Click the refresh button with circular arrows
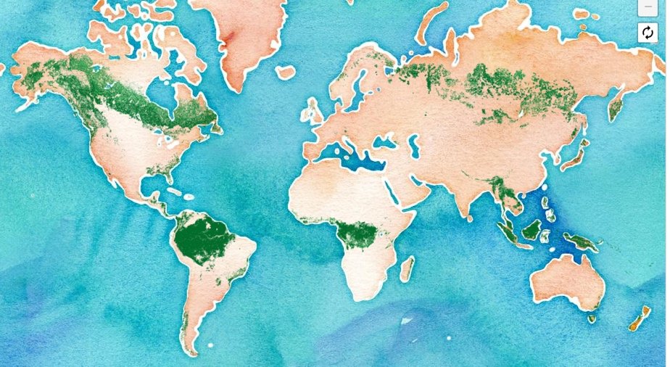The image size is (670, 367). click(x=647, y=33)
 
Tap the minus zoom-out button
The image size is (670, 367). click(x=647, y=7)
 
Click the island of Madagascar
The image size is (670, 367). click(x=407, y=268)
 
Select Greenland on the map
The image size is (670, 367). click(x=239, y=33)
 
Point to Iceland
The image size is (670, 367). click(x=286, y=72)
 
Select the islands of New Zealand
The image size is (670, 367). click(x=639, y=319)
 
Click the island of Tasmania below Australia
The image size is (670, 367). click(x=592, y=318)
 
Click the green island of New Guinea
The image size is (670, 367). click(x=580, y=242)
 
